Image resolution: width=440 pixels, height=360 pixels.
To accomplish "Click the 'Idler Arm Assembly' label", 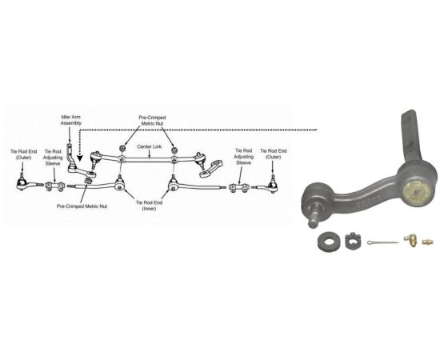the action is point(71,120).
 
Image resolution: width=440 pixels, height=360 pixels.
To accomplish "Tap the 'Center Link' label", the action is point(150,146).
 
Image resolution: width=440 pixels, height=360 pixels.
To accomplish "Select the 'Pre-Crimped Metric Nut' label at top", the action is point(152,120).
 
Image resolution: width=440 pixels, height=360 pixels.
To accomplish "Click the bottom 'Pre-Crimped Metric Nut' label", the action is point(82,206).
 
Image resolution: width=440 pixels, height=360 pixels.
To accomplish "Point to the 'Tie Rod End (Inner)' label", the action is point(149,206).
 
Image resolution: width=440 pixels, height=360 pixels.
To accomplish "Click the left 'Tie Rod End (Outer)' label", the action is point(23,154).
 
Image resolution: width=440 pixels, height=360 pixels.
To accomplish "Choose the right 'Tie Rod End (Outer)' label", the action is point(274,154).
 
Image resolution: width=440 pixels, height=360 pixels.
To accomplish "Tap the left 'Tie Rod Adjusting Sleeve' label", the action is point(53,158).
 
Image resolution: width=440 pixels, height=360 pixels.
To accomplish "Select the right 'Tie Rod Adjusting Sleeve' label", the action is point(243,157).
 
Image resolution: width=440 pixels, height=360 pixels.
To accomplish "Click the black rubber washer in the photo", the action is point(328,241).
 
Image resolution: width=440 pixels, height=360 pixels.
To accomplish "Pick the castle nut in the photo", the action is point(353,240).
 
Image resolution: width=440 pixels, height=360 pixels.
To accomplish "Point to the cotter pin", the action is point(382,242).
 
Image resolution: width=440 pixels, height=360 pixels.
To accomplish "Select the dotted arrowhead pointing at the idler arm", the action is point(80,158).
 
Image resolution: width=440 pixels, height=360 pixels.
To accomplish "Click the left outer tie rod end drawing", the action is point(29,183).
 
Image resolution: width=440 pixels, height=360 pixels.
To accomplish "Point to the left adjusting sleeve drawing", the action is point(54,186).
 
